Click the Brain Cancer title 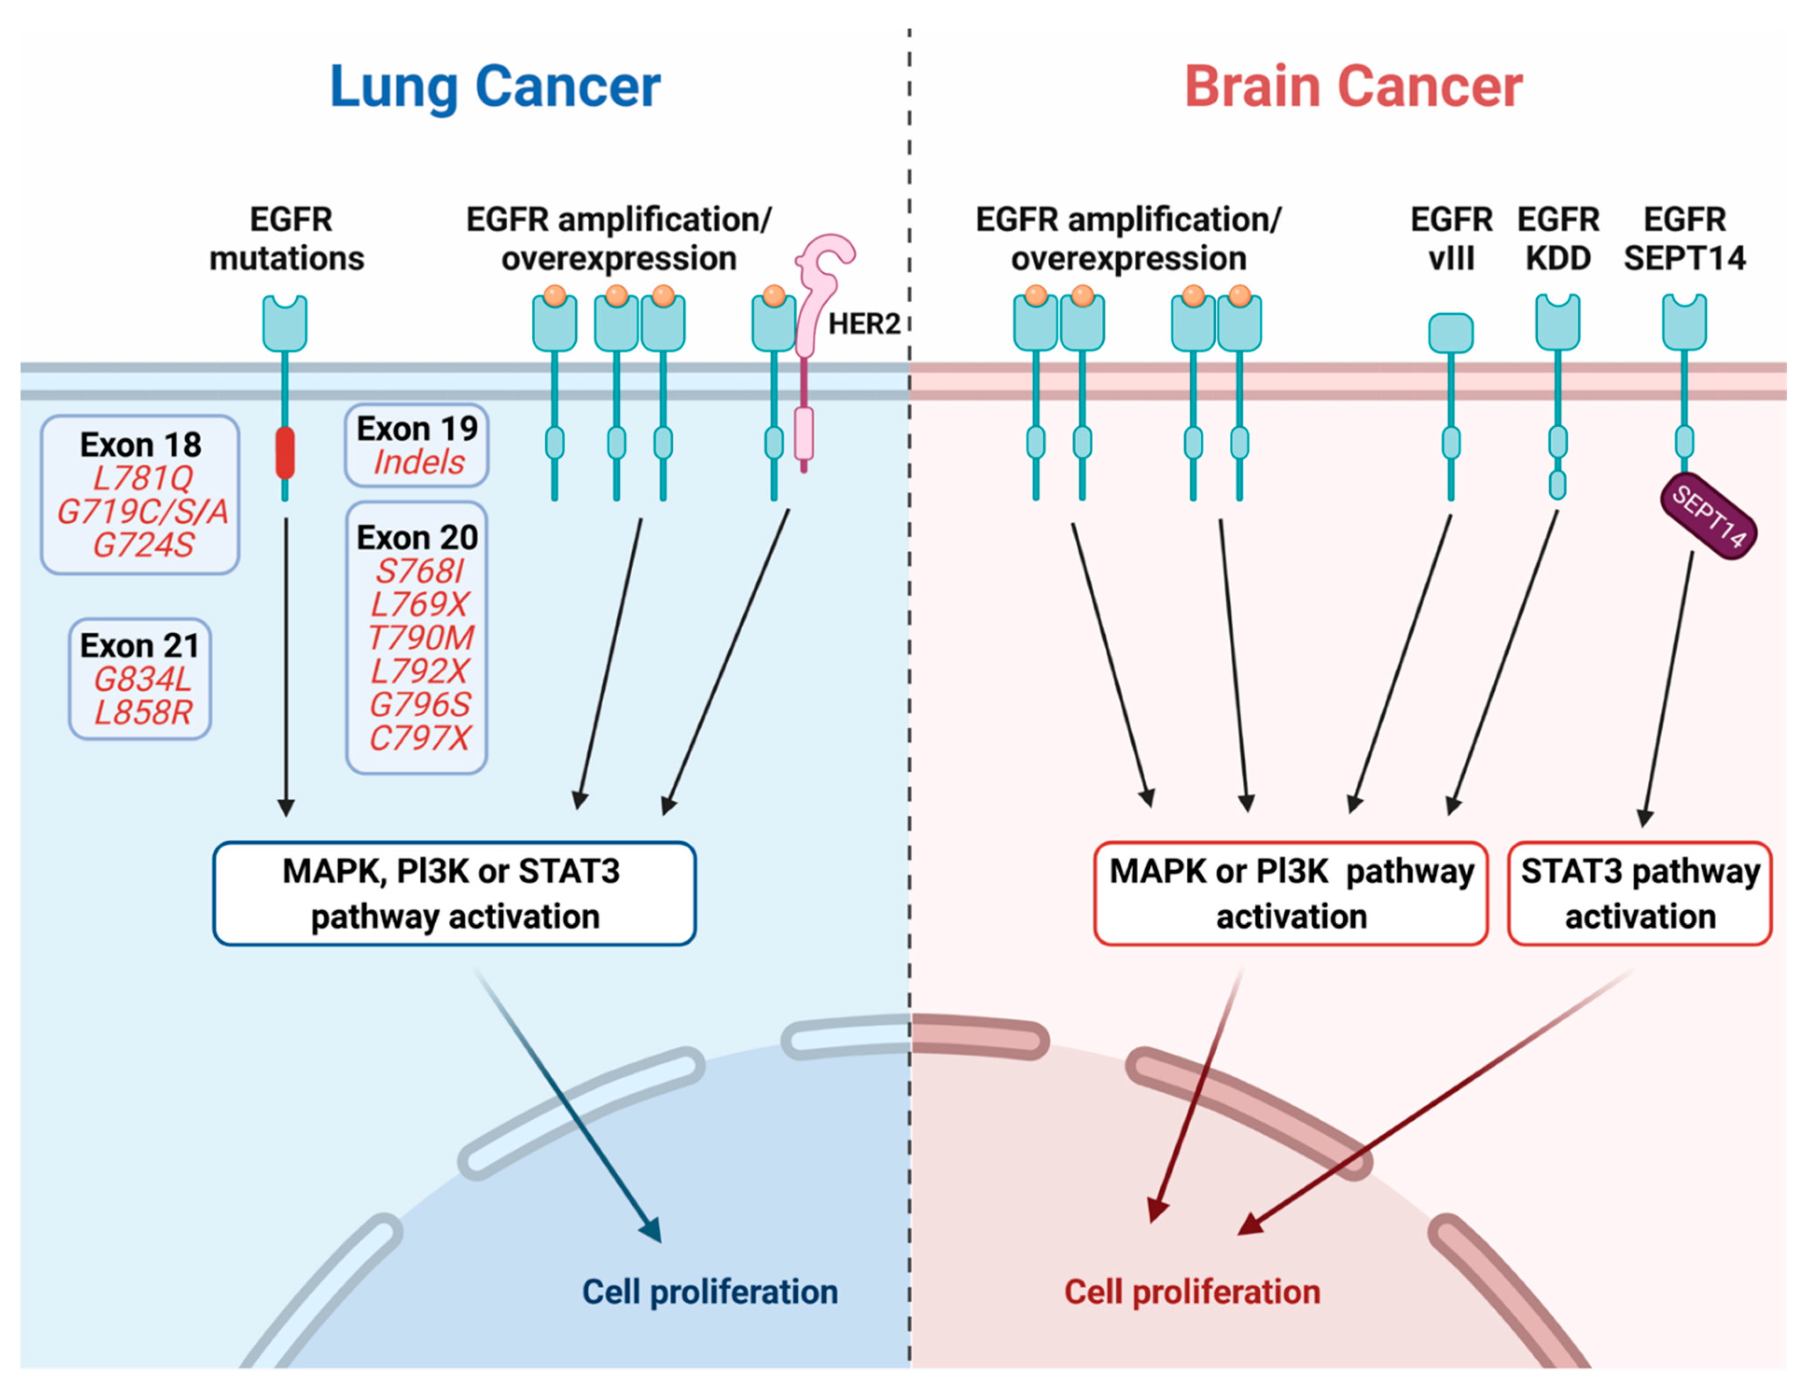pos(1353,87)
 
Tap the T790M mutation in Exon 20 pos(421,638)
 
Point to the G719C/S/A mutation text pos(142,512)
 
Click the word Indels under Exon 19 pos(419,462)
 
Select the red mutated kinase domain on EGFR pos(285,453)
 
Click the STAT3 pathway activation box pos(1639,894)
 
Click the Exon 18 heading pos(140,444)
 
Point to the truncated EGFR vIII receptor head pos(1451,333)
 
